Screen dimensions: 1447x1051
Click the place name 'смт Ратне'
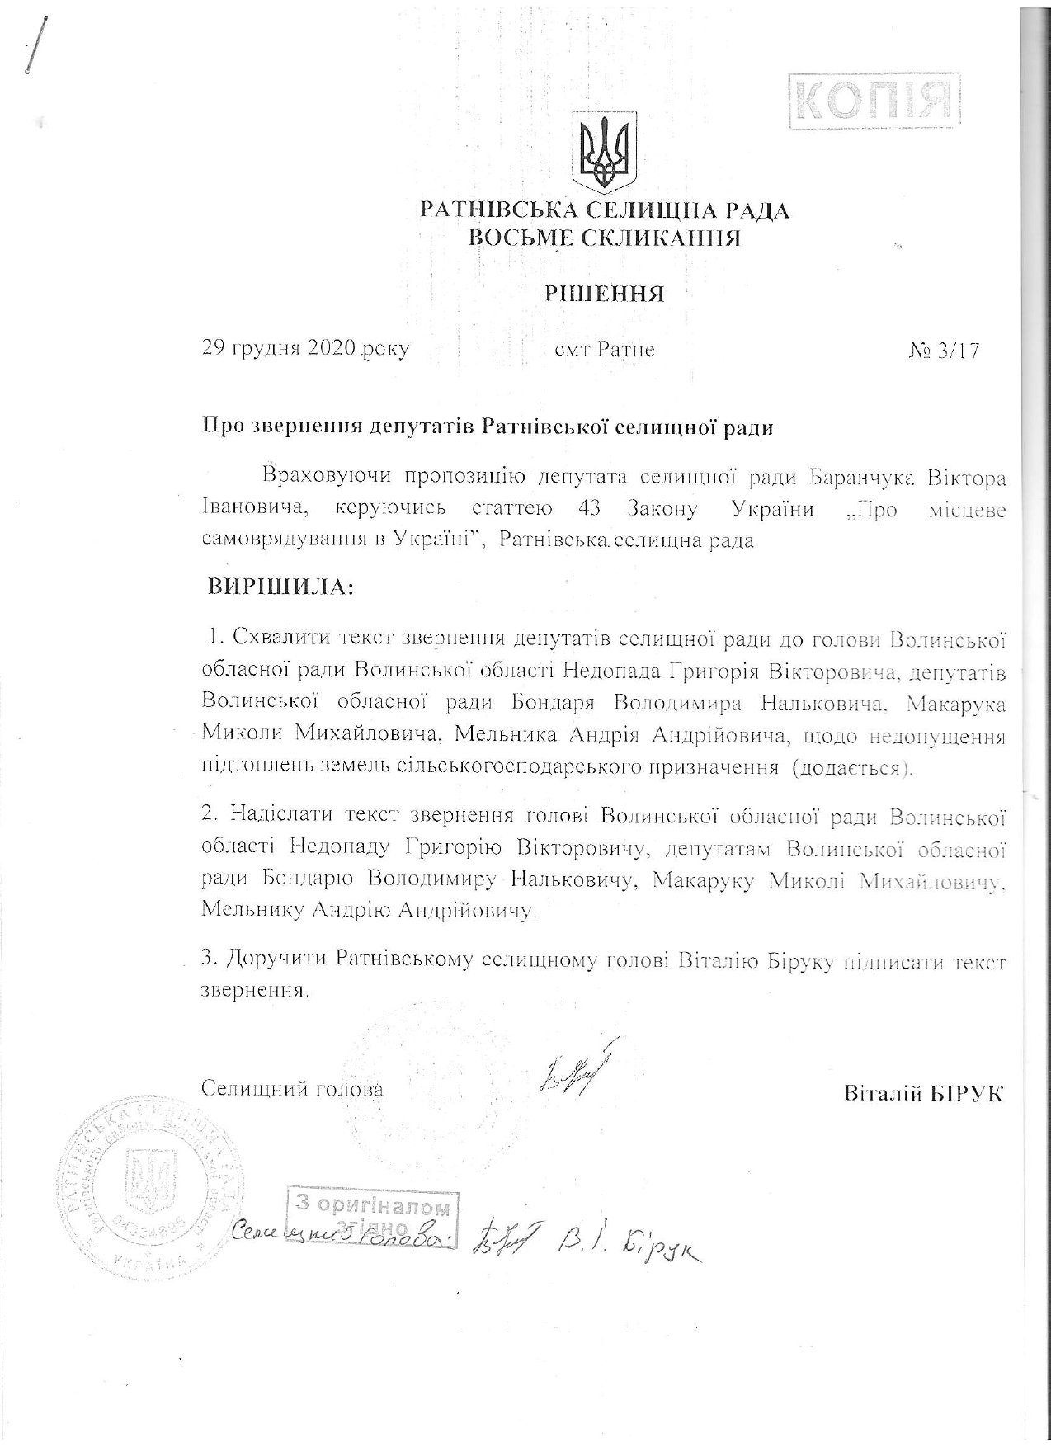point(605,350)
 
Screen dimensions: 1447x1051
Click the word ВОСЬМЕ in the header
point(525,238)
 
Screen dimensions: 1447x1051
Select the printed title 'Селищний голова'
point(292,1088)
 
